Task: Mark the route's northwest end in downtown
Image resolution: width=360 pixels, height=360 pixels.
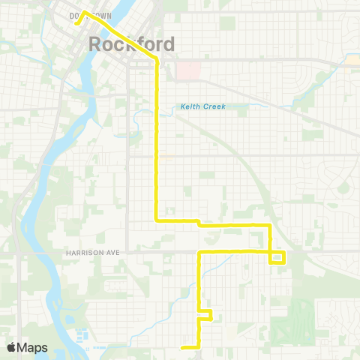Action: point(76,22)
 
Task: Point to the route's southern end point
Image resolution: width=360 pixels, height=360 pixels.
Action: point(184,346)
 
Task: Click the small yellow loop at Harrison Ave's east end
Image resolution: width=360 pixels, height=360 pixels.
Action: point(277,257)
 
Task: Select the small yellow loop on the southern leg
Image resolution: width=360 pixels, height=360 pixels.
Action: point(205,314)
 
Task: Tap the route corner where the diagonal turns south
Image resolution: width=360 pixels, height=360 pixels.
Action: point(156,59)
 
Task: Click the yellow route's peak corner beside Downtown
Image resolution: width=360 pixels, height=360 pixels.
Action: point(83,12)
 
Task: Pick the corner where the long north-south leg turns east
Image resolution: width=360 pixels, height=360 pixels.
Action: point(156,220)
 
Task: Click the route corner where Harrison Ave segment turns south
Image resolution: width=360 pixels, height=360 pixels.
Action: point(199,253)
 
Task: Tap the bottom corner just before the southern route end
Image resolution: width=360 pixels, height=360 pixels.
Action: point(199,346)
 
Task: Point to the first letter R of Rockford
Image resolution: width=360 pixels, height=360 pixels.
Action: point(96,44)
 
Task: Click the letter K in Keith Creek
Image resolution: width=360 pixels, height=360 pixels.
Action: point(183,106)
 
